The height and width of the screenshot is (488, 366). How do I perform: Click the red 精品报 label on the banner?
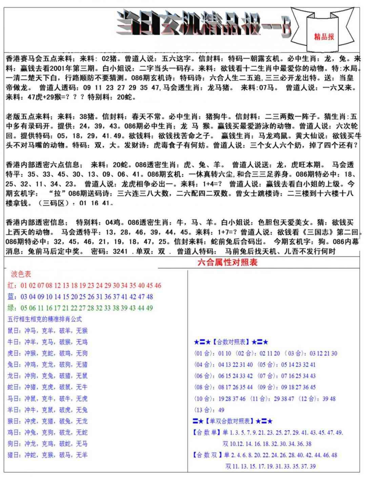click(x=324, y=37)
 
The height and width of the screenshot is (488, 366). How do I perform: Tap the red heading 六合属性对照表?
click(x=228, y=263)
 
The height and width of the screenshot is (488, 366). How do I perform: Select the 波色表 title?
click(x=21, y=274)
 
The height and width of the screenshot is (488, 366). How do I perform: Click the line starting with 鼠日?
click(x=47, y=331)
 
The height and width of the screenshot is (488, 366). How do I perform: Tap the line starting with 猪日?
click(x=47, y=455)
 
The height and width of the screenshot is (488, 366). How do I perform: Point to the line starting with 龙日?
click(x=47, y=376)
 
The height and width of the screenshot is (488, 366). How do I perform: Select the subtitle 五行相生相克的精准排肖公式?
click(x=44, y=319)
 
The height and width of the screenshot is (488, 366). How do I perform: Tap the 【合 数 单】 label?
click(x=207, y=433)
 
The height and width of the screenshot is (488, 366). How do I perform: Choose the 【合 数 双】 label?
click(x=207, y=455)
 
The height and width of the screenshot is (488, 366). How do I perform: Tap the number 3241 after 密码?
click(x=120, y=251)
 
